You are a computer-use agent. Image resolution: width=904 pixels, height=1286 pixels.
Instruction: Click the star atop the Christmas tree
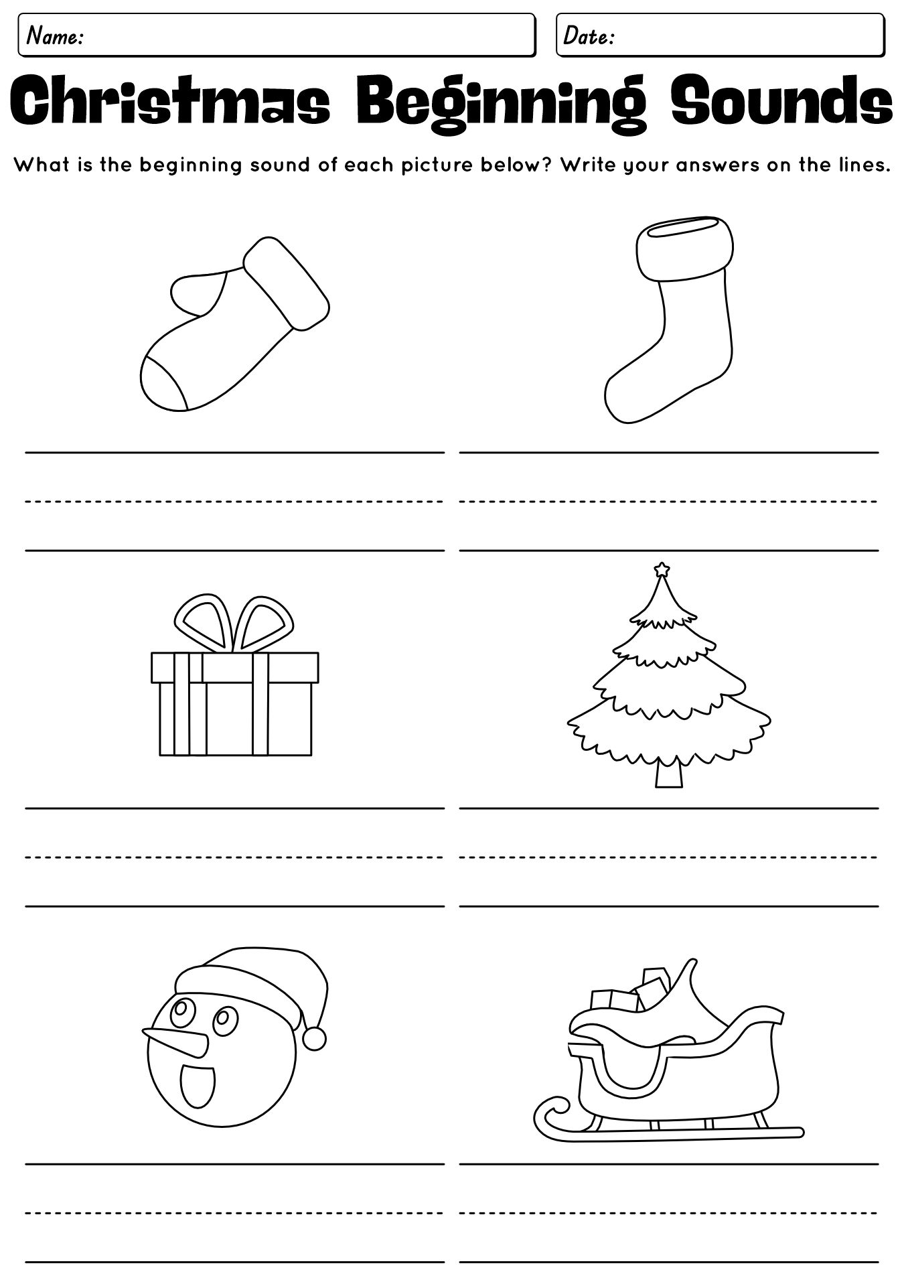pyautogui.click(x=662, y=570)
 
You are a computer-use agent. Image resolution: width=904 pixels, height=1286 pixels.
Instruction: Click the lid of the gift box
pyautogui.click(x=234, y=668)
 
